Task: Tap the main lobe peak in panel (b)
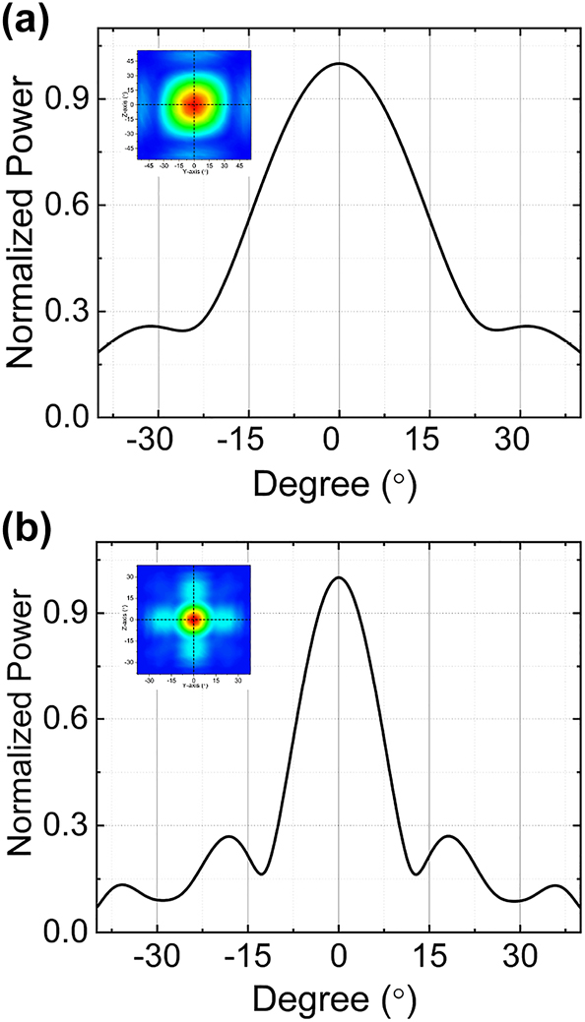coord(339,577)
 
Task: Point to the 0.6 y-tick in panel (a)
coord(73,205)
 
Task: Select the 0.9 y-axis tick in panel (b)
coord(73,613)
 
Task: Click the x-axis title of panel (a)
coord(339,484)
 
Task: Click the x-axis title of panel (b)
coord(339,999)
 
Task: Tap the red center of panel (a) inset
coord(193,103)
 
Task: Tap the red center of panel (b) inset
coord(193,619)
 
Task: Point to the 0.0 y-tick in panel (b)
coord(73,932)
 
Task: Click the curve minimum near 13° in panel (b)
coord(419,873)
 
